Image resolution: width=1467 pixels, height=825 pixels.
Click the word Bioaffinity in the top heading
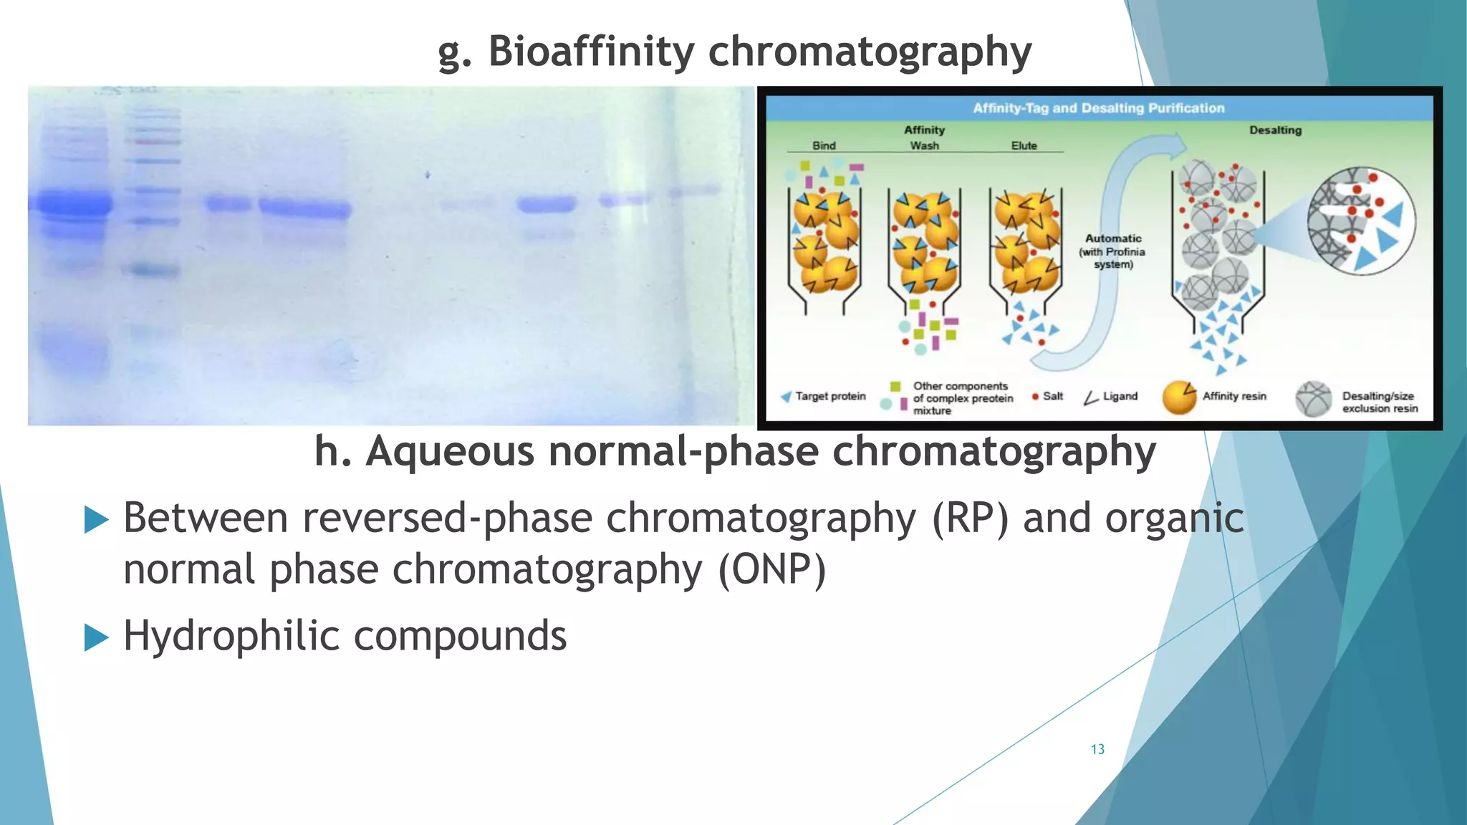[x=591, y=52]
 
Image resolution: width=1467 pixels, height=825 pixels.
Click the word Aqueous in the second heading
[x=450, y=452]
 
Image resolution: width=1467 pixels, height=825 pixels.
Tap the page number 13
[x=1097, y=749]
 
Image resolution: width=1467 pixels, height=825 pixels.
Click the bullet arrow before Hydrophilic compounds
[x=96, y=637]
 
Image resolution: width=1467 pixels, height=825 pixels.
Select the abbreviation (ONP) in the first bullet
[x=772, y=570]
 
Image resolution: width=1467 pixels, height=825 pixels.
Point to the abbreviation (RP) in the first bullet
[x=970, y=518]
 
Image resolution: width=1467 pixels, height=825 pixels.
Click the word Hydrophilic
[x=231, y=635]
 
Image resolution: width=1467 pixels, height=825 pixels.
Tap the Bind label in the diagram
[x=824, y=145]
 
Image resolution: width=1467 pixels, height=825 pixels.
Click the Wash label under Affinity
[x=924, y=145]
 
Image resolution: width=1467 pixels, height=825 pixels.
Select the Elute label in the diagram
[x=1024, y=145]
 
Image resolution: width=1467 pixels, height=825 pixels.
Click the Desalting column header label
[x=1275, y=130]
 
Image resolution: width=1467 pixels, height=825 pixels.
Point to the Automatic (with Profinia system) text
[x=1112, y=251]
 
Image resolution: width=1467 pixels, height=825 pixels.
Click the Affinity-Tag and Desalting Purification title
[x=1098, y=108]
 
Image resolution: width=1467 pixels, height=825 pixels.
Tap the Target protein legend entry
[x=829, y=396]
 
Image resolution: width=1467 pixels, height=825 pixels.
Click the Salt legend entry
[x=1052, y=396]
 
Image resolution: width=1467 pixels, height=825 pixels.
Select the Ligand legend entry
[x=1119, y=396]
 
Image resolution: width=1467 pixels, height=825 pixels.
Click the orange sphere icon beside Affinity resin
[x=1179, y=398]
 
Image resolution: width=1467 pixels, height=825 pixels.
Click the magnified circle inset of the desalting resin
[x=1360, y=221]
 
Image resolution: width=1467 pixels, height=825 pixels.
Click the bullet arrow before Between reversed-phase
[x=96, y=519]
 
